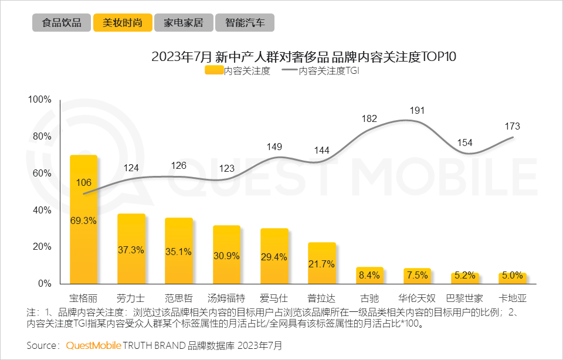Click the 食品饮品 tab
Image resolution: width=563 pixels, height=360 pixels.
(x=62, y=23)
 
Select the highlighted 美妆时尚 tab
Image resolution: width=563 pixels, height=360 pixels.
(x=122, y=23)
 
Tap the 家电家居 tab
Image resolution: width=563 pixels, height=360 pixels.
(x=184, y=23)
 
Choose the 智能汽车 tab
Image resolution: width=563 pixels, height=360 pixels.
(x=245, y=23)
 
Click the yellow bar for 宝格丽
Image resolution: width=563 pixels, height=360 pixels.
(x=83, y=246)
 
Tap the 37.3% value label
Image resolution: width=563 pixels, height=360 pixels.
(x=131, y=250)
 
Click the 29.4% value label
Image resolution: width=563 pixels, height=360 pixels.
(x=274, y=257)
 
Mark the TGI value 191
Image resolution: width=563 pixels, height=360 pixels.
(x=417, y=110)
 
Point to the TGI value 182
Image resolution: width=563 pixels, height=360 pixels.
(x=369, y=119)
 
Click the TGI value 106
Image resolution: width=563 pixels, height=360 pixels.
(x=84, y=183)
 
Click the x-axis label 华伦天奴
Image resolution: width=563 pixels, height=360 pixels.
(x=417, y=297)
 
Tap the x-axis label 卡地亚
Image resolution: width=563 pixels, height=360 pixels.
(x=513, y=297)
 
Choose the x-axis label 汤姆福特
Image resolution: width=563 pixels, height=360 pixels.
(x=226, y=297)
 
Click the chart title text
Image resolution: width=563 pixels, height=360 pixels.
(x=304, y=57)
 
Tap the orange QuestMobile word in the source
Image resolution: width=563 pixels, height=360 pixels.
(x=93, y=345)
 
